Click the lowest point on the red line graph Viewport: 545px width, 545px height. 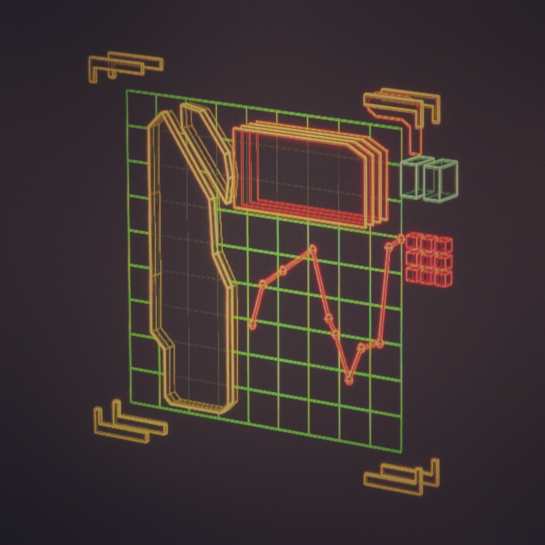coord(349,380)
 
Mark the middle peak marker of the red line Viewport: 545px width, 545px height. coord(313,249)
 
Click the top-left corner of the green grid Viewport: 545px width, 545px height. coord(127,90)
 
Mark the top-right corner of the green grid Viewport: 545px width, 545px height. coord(401,129)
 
